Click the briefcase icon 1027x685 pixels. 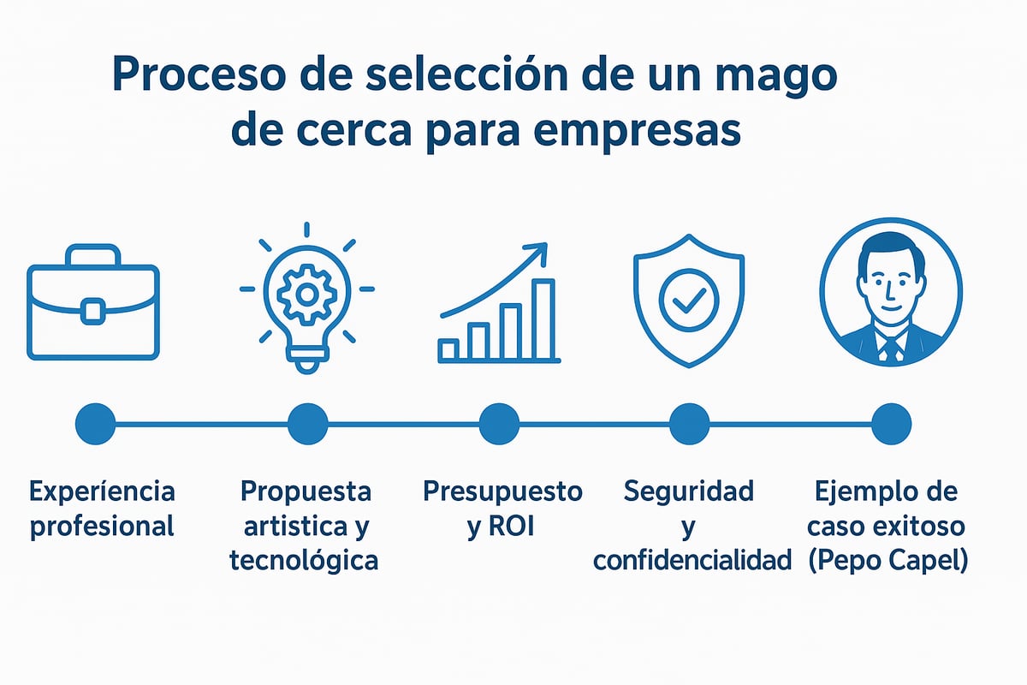[x=92, y=302]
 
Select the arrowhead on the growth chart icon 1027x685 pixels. [x=537, y=253]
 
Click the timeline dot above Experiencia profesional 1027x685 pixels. [x=95, y=423]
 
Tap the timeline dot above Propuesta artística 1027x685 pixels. [x=307, y=423]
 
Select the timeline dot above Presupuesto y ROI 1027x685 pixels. [x=499, y=423]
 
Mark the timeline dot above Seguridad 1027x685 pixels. [x=689, y=423]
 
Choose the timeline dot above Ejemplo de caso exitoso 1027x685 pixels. [x=891, y=423]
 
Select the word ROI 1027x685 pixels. [x=512, y=527]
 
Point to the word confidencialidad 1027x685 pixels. [x=692, y=561]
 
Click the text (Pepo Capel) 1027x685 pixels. [x=887, y=561]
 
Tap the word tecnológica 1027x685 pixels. [x=304, y=561]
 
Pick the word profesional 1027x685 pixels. [x=102, y=526]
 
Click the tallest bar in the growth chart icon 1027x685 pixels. [x=543, y=319]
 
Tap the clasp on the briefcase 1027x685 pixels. [x=92, y=310]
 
